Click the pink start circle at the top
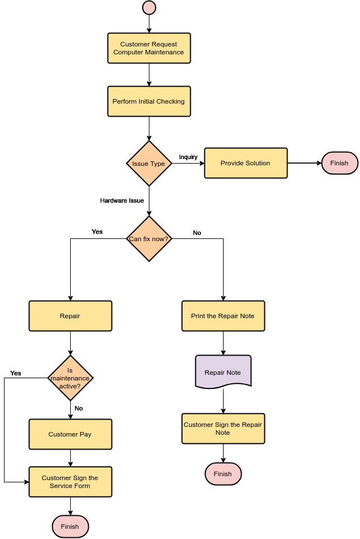149,7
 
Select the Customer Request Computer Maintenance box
149,48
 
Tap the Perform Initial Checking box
149,101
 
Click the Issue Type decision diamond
149,163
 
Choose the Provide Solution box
246,163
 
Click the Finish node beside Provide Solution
340,163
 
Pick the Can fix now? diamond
149,239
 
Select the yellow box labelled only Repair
70,316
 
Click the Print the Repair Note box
223,316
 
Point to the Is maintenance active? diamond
70,378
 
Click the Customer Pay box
70,434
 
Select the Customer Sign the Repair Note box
223,429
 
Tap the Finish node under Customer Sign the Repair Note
223,474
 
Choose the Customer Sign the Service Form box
70,482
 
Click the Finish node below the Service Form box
70,527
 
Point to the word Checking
170,102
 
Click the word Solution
257,163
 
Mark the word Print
198,316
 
